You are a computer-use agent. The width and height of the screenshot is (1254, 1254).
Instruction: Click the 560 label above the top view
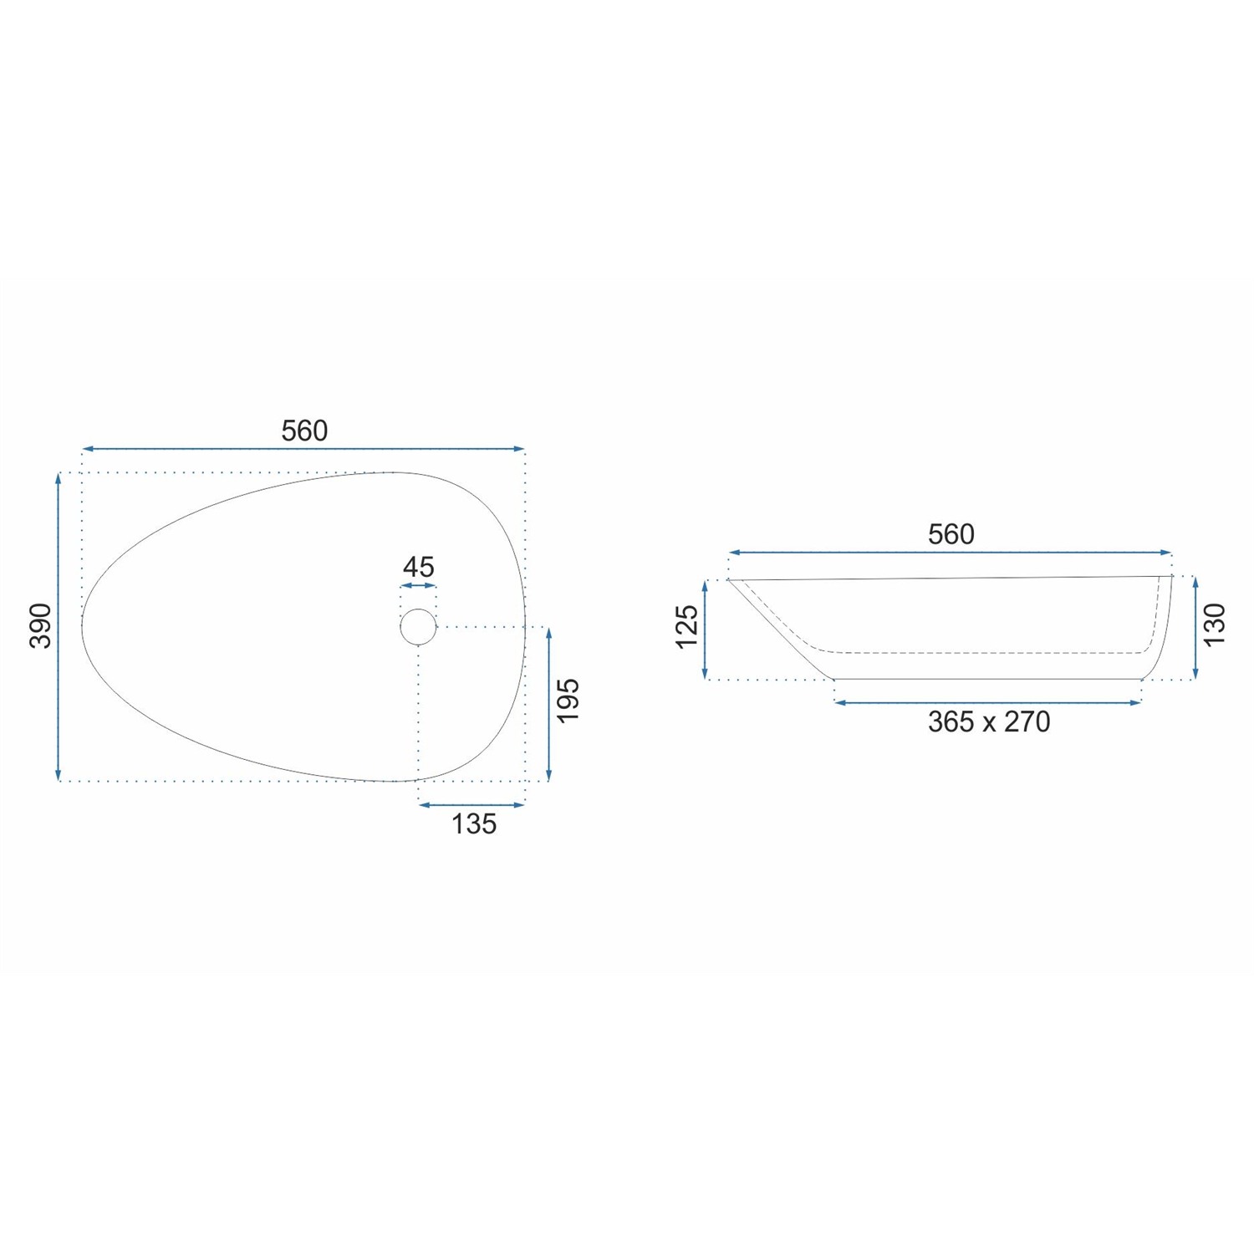pyautogui.click(x=304, y=431)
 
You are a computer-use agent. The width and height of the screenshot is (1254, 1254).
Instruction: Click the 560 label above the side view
pyautogui.click(x=951, y=534)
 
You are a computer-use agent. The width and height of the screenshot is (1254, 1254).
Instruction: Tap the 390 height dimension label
pyautogui.click(x=41, y=625)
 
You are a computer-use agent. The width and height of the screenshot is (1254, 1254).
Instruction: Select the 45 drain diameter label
pyautogui.click(x=419, y=567)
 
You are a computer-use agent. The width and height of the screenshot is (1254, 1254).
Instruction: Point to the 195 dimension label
pyautogui.click(x=568, y=701)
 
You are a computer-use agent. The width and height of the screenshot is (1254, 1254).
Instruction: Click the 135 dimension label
pyautogui.click(x=474, y=824)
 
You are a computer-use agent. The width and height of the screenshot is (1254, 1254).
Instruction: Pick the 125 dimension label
pyautogui.click(x=686, y=626)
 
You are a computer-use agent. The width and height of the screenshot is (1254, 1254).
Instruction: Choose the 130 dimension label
pyautogui.click(x=1215, y=624)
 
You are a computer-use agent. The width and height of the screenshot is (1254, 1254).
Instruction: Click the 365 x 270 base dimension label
pyautogui.click(x=989, y=721)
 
